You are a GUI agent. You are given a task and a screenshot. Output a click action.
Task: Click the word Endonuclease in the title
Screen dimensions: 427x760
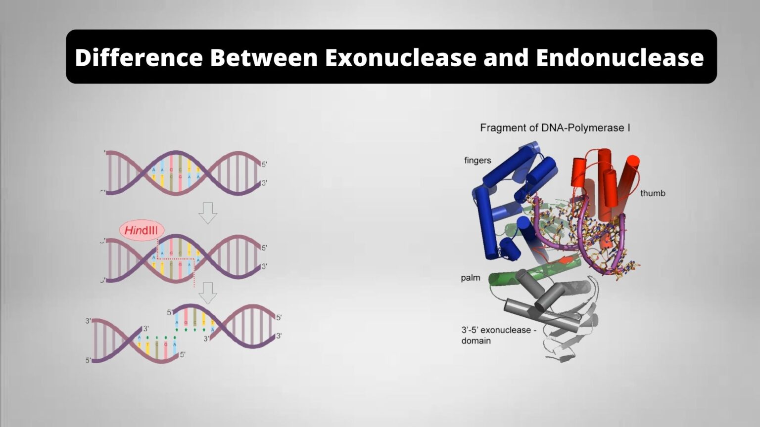[619, 57]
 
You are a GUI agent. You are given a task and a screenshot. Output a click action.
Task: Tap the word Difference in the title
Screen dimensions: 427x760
[139, 57]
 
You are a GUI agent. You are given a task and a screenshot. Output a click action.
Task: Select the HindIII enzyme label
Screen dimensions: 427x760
[142, 230]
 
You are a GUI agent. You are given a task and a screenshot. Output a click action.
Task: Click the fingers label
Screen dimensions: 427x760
[477, 160]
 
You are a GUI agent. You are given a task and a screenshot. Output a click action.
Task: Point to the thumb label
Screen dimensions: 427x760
[653, 193]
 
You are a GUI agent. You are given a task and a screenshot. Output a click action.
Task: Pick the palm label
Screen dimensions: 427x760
[471, 278]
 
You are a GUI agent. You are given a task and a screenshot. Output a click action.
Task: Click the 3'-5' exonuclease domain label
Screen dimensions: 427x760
[498, 335]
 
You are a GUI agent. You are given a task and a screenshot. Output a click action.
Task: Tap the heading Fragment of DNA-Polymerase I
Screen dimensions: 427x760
[555, 128]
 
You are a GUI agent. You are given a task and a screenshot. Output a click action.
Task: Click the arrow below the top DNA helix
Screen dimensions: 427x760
[208, 212]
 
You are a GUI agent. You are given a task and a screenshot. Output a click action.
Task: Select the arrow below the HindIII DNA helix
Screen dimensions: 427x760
[208, 293]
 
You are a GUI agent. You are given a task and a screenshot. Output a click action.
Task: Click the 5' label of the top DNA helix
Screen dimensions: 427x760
[265, 164]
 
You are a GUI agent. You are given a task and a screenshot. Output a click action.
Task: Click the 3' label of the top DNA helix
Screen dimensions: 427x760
[265, 183]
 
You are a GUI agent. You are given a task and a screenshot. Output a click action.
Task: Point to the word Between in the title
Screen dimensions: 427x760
[263, 57]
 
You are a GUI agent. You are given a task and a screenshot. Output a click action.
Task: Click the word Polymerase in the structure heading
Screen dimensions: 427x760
[595, 128]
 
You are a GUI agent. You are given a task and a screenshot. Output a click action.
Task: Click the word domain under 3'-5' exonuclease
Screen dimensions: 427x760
[476, 341]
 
